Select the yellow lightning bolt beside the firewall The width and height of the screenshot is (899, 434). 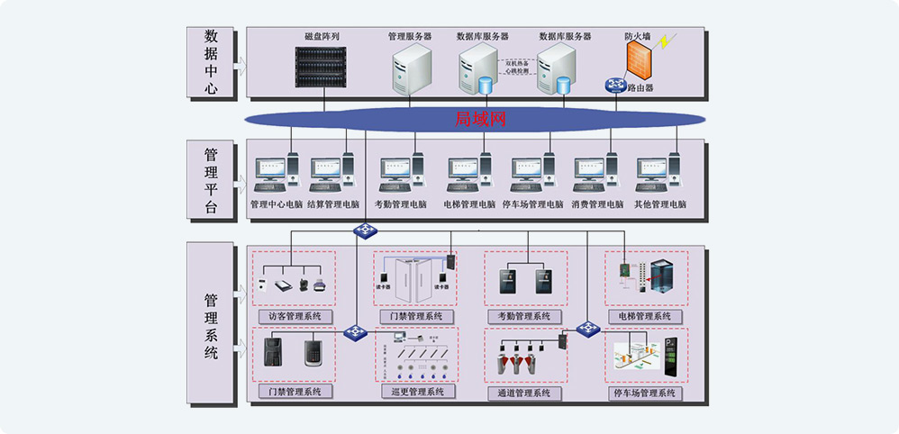[667, 41]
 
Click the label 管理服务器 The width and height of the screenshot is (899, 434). [410, 37]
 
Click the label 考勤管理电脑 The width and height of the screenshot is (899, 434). [400, 204]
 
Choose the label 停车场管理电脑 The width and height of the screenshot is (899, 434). [532, 204]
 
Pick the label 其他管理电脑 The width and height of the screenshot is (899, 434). [660, 204]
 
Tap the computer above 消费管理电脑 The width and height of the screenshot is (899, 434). [596, 174]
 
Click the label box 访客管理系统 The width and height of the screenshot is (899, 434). [294, 317]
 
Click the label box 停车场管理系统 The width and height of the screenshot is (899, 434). [643, 393]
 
